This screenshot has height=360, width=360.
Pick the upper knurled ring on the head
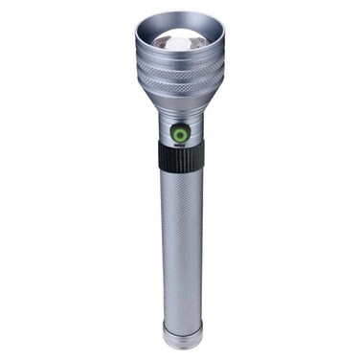point(180,71)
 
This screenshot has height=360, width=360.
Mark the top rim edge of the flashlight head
point(180,14)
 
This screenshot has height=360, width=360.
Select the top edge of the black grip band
point(180,146)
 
